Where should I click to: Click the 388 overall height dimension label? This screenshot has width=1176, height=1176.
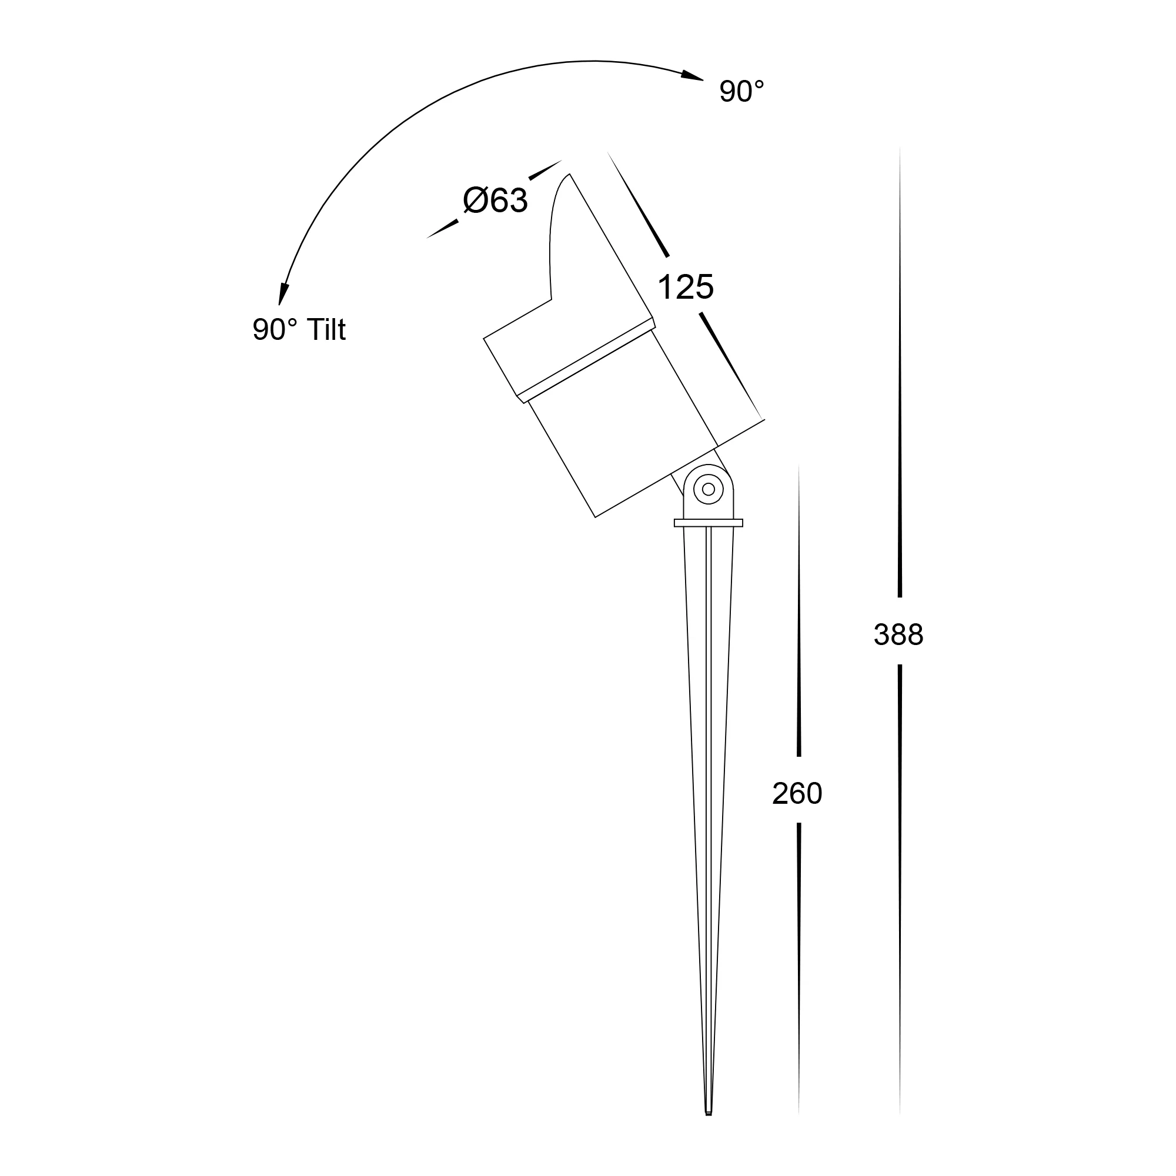(x=898, y=635)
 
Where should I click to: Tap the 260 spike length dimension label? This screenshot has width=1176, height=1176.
(x=797, y=794)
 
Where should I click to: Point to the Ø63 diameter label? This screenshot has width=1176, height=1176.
(x=495, y=201)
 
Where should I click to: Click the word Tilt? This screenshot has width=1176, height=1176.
(x=326, y=329)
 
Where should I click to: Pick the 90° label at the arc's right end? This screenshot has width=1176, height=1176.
(x=741, y=92)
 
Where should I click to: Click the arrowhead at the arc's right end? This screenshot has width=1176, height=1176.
(x=692, y=76)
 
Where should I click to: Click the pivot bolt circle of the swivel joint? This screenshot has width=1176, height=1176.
(x=709, y=489)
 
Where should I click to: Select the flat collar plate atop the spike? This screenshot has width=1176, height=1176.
(x=709, y=523)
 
